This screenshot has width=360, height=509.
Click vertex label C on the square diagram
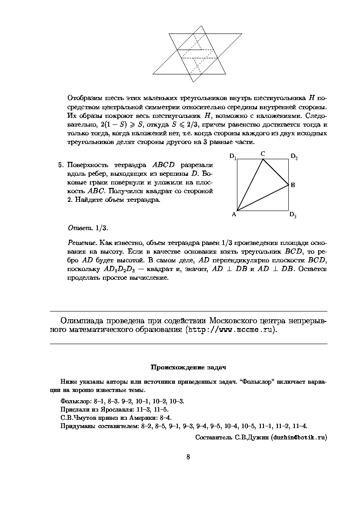263,154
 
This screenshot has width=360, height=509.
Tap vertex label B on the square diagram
293,185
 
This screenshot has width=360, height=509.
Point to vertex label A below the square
233,214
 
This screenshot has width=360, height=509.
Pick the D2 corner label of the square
294,157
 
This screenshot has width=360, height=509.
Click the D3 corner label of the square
293,215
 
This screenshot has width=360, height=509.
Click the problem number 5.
60,165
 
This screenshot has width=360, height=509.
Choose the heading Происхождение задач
189,368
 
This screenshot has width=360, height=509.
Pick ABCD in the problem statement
163,165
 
